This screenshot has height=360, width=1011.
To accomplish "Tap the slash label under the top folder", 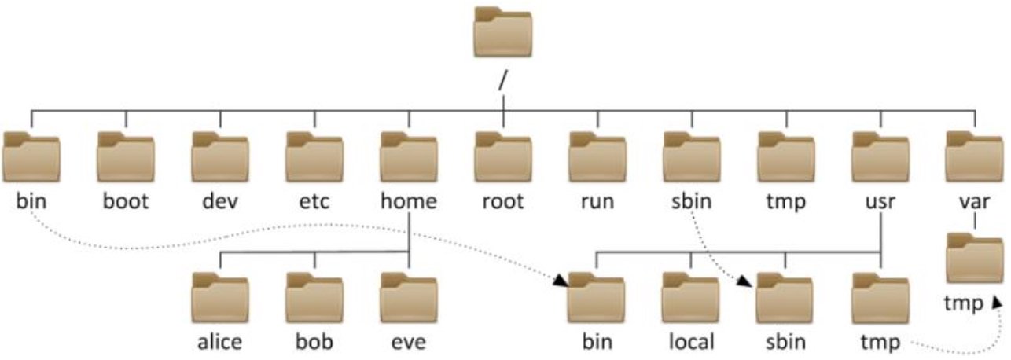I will (x=503, y=81).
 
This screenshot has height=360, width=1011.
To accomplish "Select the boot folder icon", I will (x=126, y=157).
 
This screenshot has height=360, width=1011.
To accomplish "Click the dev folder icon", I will (x=220, y=157).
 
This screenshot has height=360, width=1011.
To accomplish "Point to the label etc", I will (x=314, y=201).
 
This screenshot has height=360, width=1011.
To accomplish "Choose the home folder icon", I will (x=409, y=157).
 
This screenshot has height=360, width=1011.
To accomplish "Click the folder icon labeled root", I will (x=503, y=157).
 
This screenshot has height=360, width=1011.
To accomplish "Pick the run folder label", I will (x=597, y=201).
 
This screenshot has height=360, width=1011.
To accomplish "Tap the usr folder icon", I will (x=880, y=157).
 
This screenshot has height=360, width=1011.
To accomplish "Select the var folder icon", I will (x=975, y=157).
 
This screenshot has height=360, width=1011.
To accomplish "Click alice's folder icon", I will (x=220, y=298).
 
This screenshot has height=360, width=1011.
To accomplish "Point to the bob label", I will (x=314, y=342).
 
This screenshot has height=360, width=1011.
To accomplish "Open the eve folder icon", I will (x=409, y=298).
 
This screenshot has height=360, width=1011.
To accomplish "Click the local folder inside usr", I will (x=691, y=298).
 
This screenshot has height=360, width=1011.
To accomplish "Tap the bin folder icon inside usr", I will (x=597, y=298).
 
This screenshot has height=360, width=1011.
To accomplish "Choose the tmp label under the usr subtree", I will (x=880, y=342).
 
